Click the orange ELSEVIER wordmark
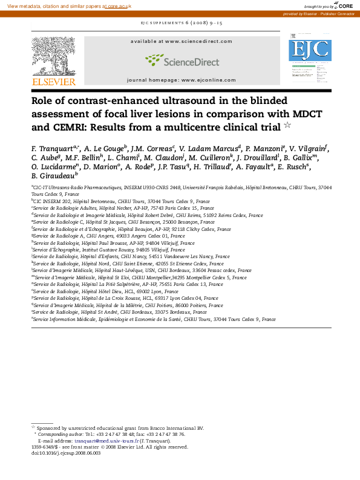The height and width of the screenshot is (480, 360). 54,82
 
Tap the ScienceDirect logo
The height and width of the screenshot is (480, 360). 180,60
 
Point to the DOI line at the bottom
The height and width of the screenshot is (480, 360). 58,453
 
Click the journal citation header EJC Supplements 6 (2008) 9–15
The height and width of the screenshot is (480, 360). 180,22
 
